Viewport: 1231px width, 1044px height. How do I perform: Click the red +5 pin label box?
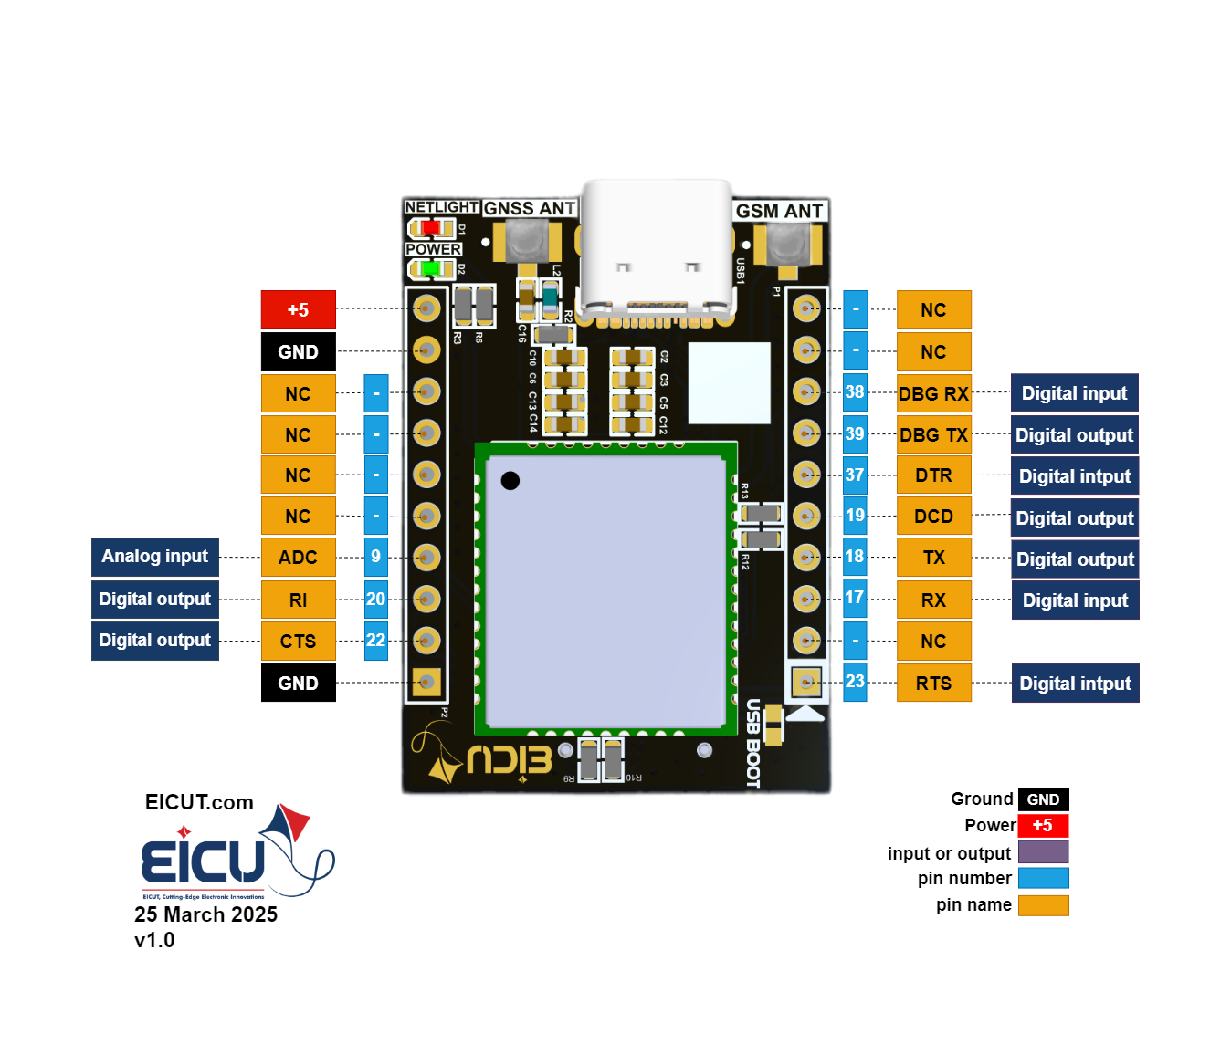[x=298, y=309]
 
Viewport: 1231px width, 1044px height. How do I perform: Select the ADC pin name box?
[x=298, y=558]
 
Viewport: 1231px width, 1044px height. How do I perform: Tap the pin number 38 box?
[x=855, y=392]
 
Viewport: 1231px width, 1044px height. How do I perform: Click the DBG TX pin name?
[x=933, y=435]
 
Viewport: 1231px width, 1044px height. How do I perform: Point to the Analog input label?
[x=155, y=557]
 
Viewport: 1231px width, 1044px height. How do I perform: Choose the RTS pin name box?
[x=933, y=684]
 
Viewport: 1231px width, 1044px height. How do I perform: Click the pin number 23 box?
[x=855, y=682]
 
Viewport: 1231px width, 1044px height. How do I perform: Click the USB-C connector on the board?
[x=657, y=251]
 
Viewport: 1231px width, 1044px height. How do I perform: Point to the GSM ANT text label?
[x=779, y=211]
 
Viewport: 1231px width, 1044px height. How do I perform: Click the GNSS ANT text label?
[x=530, y=208]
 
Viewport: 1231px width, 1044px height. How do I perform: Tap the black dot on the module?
[x=510, y=480]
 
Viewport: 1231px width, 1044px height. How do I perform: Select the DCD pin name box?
[x=933, y=517]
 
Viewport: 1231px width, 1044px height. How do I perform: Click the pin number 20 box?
[x=375, y=600]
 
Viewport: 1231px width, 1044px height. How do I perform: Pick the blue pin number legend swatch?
[x=1043, y=878]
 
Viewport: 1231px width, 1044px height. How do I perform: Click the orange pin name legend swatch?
[x=1043, y=905]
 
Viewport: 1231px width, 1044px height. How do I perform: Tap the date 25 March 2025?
[x=205, y=914]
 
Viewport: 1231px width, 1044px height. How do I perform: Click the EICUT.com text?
[x=199, y=802]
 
